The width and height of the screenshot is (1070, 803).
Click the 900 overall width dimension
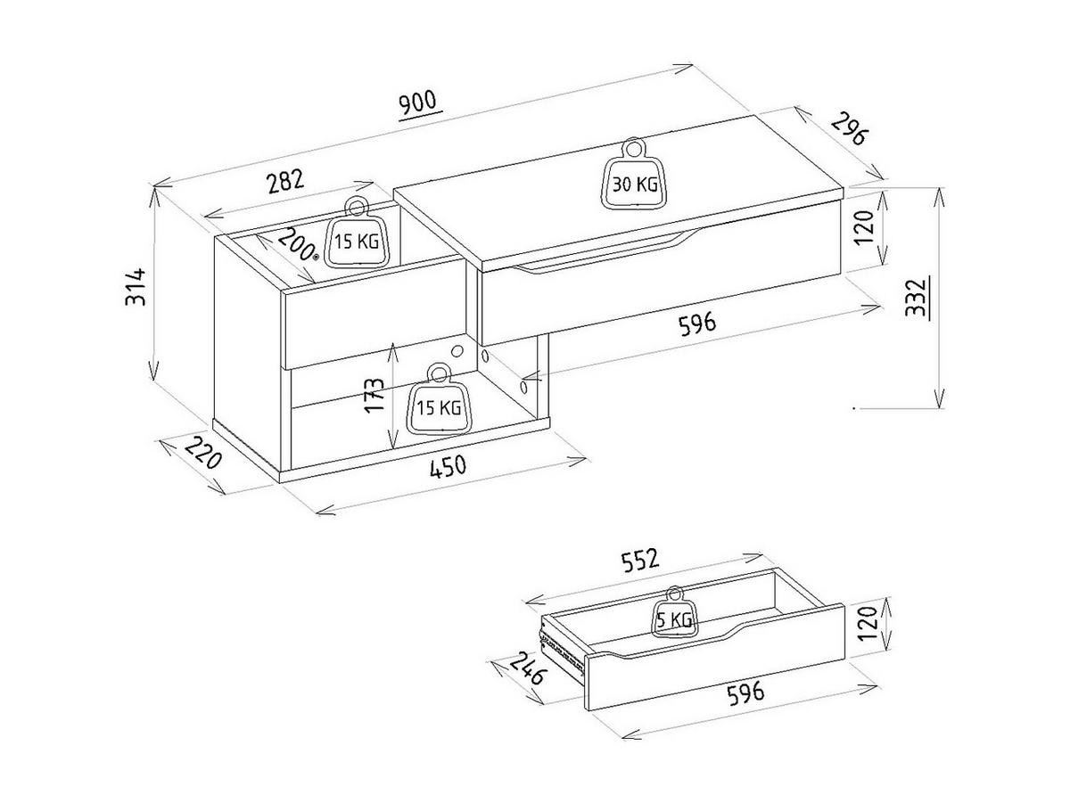[418, 103]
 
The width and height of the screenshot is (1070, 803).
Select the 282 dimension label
[285, 182]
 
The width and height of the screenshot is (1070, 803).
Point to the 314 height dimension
[136, 286]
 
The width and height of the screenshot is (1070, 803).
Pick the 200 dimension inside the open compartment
[297, 243]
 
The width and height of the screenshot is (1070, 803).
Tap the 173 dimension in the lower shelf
[374, 395]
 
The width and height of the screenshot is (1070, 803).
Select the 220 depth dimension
[204, 453]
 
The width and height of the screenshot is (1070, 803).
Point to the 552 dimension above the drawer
[640, 561]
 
